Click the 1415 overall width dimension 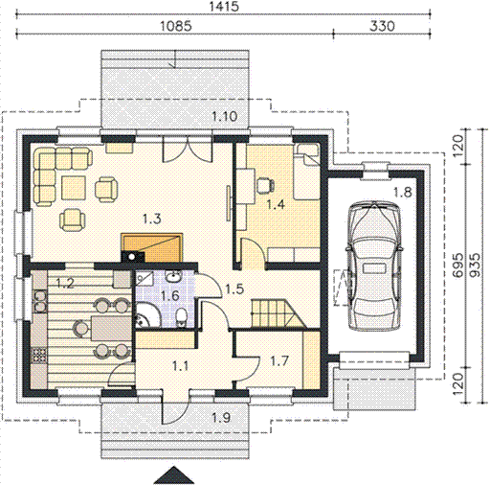pos(224,7)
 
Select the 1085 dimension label pos(176,26)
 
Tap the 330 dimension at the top pos(382,26)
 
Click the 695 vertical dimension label pos(457,265)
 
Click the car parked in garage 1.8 pos(373,266)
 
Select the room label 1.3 pos(151,219)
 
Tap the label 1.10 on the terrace pos(225,116)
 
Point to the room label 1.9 pos(221,417)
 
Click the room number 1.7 pos(279,361)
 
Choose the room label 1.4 pos(276,204)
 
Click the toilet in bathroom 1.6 pos(182,317)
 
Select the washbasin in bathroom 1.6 pos(173,276)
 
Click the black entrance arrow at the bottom pos(174,475)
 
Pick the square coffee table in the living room pos(74,188)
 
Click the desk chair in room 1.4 pos(265,185)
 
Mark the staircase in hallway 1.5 pos(278,313)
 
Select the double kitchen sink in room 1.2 pos(40,301)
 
